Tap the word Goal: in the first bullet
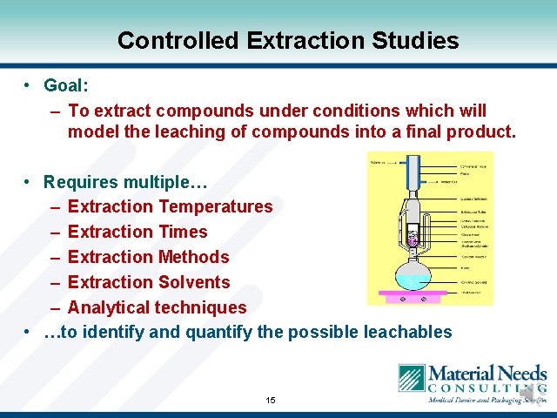[66, 85]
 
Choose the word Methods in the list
[194, 257]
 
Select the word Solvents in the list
[195, 282]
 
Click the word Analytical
[108, 307]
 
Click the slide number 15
[271, 400]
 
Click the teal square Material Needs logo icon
[411, 380]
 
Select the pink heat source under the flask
[412, 297]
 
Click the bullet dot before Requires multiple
[29, 182]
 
